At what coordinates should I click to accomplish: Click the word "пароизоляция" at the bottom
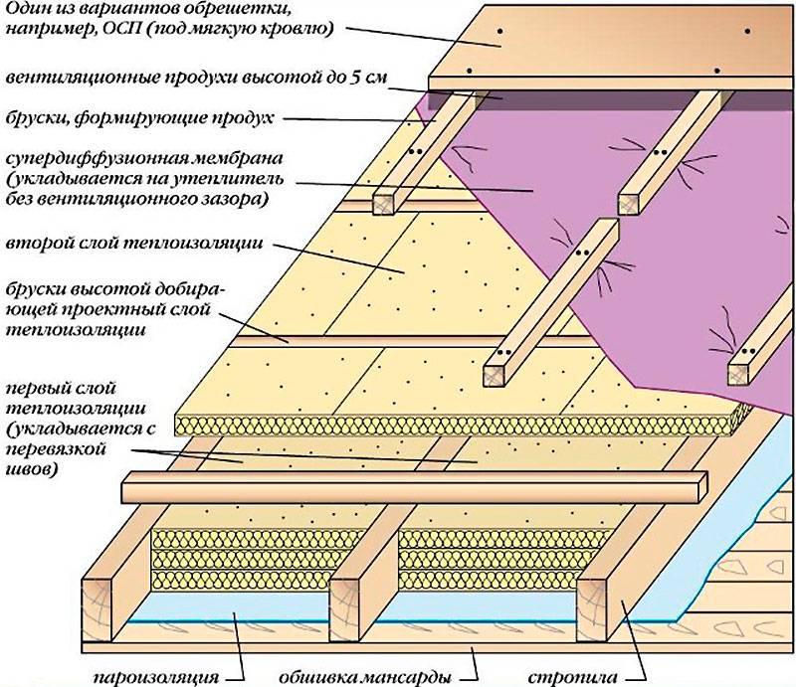(x=156, y=677)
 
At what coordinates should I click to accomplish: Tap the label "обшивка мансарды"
(x=365, y=677)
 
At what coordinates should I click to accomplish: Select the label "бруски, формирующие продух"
(x=139, y=118)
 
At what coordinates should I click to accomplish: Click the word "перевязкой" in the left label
(x=56, y=449)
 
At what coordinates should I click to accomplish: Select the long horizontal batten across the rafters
(x=414, y=487)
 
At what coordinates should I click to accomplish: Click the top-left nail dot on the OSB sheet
(x=500, y=31)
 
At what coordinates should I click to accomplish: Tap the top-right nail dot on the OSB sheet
(x=747, y=31)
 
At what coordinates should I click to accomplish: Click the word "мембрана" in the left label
(x=239, y=158)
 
